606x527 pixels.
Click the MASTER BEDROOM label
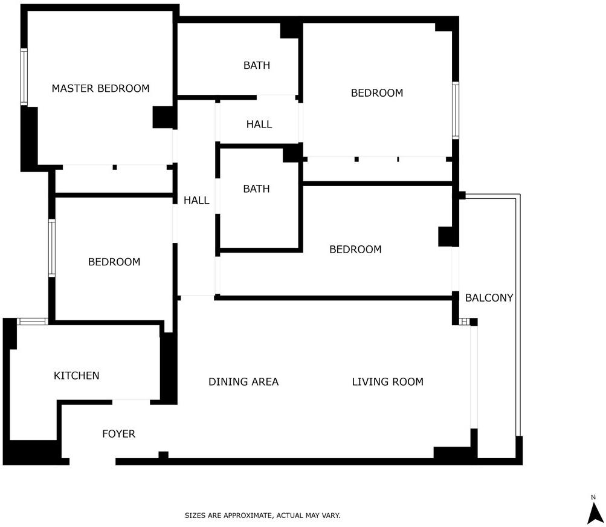tap(100, 89)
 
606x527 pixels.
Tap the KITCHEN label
tap(77, 375)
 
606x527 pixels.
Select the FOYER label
tap(118, 434)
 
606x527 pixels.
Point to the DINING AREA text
tap(243, 381)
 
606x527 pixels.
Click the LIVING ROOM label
tap(388, 381)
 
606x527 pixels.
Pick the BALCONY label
tap(489, 298)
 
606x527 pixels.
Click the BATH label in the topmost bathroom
tap(257, 65)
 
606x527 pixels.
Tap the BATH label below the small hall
tap(256, 189)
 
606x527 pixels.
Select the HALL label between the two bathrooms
tap(259, 124)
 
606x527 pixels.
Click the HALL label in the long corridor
tap(196, 200)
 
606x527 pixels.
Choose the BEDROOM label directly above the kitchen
tap(114, 262)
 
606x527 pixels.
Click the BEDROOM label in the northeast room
tap(377, 93)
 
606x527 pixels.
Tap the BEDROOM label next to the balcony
tap(355, 250)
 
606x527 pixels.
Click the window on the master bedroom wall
tap(24, 77)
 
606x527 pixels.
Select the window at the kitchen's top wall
tap(33, 322)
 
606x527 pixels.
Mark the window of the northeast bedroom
tap(456, 110)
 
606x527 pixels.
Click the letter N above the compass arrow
tap(593, 497)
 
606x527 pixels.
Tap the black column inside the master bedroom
tap(164, 117)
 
